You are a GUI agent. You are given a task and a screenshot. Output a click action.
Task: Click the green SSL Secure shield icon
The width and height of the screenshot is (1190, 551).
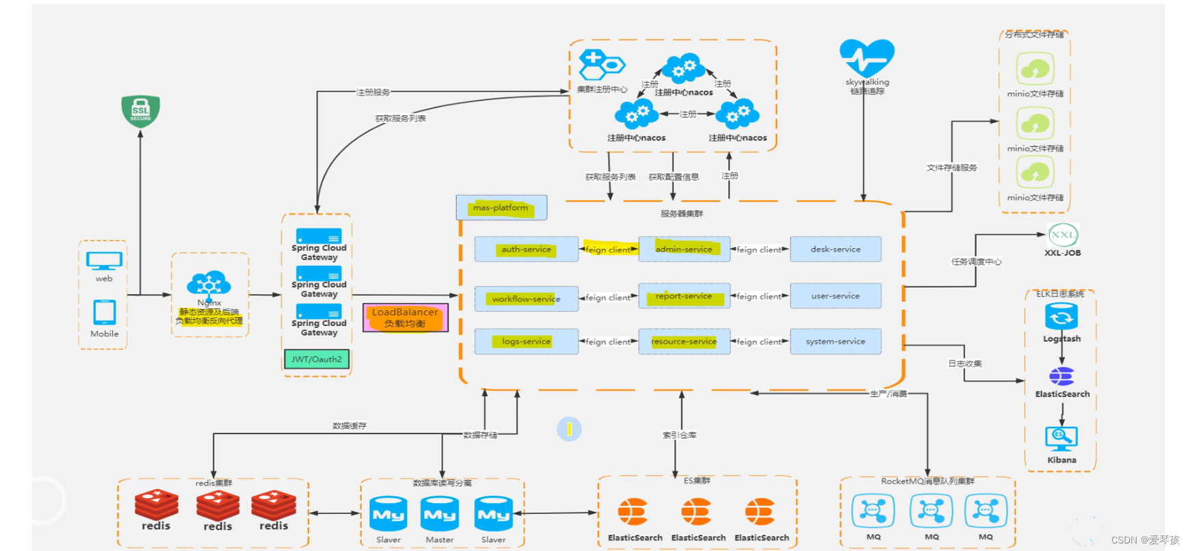pos(140,111)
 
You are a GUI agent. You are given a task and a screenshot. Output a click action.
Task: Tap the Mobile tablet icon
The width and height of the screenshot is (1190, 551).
pos(104,312)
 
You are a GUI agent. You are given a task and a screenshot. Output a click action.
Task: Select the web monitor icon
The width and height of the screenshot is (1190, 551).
pos(104,260)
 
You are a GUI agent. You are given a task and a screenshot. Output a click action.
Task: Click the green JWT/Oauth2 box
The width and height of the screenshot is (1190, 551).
pos(317,359)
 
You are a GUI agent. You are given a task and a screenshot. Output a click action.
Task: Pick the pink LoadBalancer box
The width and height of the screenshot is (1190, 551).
pos(405,317)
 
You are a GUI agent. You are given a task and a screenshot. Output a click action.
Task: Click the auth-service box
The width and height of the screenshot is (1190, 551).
pos(526,250)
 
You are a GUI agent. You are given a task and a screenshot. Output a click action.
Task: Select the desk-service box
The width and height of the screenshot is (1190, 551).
pos(835,250)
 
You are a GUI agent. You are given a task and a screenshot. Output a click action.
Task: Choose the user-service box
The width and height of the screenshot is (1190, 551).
pos(835,296)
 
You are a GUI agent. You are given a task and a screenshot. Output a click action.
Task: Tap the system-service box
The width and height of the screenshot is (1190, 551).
pos(835,341)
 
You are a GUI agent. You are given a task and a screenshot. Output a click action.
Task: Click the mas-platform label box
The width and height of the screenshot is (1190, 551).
pos(501,208)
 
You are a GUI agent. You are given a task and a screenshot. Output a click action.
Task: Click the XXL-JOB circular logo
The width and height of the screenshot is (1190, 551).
pos(1062,235)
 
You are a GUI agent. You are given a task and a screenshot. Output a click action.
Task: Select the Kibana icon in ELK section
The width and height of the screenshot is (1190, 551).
pos(1061,438)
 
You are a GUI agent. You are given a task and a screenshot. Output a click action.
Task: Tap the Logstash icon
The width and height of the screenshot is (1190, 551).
pos(1061,317)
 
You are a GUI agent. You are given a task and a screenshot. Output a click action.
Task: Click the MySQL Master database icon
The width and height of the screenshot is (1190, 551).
pos(440,514)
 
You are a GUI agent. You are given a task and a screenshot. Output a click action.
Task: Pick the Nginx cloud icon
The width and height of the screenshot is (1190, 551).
pos(209,284)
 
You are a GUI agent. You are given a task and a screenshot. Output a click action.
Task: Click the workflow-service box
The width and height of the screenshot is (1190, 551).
pos(526,299)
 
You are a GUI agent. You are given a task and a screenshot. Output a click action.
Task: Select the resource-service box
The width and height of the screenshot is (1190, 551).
pos(684,341)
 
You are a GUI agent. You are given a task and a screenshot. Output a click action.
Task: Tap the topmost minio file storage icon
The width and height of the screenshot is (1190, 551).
pos(1035,69)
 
